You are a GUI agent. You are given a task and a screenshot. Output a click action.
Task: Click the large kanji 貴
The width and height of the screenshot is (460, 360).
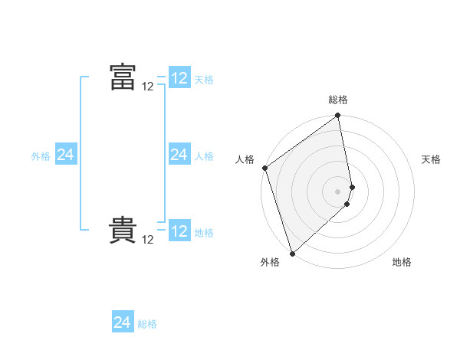[x=123, y=230]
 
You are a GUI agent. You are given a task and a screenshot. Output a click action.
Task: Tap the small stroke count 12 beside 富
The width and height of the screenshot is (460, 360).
[x=148, y=87]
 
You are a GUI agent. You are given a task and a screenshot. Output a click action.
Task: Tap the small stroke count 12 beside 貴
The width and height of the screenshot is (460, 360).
[x=148, y=240]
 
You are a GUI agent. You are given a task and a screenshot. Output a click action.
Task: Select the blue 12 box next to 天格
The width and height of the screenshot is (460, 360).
[x=179, y=78]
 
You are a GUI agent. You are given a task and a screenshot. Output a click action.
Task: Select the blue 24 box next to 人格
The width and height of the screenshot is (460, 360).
[x=179, y=155]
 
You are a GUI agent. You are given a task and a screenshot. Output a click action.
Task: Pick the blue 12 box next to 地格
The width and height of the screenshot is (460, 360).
[x=179, y=231]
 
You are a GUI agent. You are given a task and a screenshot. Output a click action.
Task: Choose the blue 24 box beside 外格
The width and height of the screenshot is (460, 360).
[x=65, y=155]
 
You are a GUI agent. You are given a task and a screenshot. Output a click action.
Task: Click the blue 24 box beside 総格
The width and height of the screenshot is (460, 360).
[x=123, y=322]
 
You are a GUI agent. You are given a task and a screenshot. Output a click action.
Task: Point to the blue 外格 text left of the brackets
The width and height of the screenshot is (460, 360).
[x=41, y=156]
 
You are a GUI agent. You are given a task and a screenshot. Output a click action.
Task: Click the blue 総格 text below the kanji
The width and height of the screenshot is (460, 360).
[x=147, y=324]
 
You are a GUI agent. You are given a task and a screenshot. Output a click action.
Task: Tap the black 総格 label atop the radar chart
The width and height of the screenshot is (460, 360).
[x=338, y=100]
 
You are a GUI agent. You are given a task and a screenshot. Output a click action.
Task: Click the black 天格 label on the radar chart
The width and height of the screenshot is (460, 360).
[x=432, y=159]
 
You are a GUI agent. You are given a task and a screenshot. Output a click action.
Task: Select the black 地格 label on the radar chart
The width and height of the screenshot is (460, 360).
[x=402, y=262]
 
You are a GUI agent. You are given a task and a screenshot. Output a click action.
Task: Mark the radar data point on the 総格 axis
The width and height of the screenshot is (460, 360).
[x=338, y=116]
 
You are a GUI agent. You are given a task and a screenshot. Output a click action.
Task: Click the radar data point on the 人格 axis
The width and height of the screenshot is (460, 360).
[x=264, y=168]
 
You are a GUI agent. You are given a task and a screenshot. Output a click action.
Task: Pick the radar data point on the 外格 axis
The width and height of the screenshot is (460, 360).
[x=292, y=252]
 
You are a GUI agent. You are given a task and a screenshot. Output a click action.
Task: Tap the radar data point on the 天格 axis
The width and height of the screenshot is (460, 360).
[x=353, y=187]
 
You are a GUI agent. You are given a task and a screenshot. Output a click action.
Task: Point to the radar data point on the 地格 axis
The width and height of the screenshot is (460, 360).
[x=347, y=204]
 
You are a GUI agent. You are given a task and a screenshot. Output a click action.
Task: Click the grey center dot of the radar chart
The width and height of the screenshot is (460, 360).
[x=338, y=191]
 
